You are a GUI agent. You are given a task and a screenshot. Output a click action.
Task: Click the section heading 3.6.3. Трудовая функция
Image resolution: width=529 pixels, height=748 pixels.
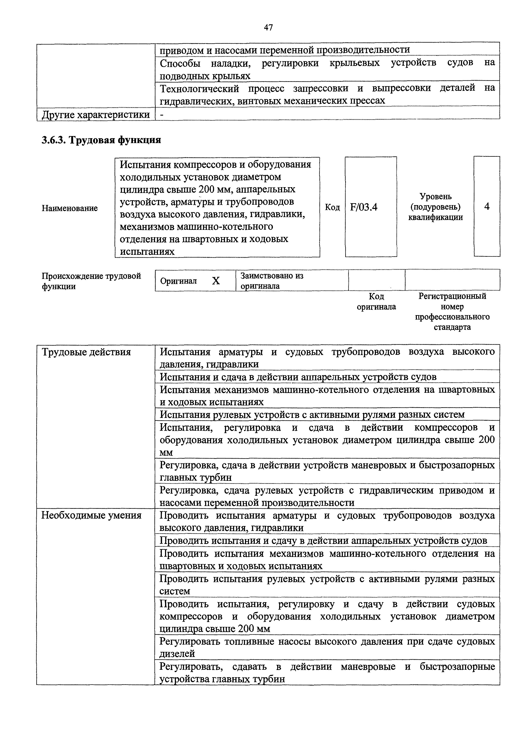(101, 140)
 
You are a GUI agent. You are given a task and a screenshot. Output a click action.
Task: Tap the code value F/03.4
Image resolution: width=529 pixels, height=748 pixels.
(364, 207)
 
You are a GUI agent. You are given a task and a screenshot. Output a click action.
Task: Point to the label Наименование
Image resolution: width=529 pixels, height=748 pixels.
(70, 208)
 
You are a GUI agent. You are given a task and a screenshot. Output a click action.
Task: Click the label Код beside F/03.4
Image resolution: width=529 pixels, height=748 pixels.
(332, 207)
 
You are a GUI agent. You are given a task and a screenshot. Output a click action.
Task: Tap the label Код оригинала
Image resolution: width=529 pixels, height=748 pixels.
(376, 301)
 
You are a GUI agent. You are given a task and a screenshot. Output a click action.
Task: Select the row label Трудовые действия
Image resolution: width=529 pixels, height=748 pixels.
(86, 352)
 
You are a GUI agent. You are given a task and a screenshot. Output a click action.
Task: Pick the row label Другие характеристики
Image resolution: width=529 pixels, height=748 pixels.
(96, 115)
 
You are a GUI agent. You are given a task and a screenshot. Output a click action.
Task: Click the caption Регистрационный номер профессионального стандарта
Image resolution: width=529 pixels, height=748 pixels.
(452, 312)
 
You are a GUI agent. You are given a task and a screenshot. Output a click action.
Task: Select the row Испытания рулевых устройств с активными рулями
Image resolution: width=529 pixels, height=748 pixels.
(312, 415)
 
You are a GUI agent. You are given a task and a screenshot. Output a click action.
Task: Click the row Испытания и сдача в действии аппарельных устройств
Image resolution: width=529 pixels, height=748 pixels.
(298, 377)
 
